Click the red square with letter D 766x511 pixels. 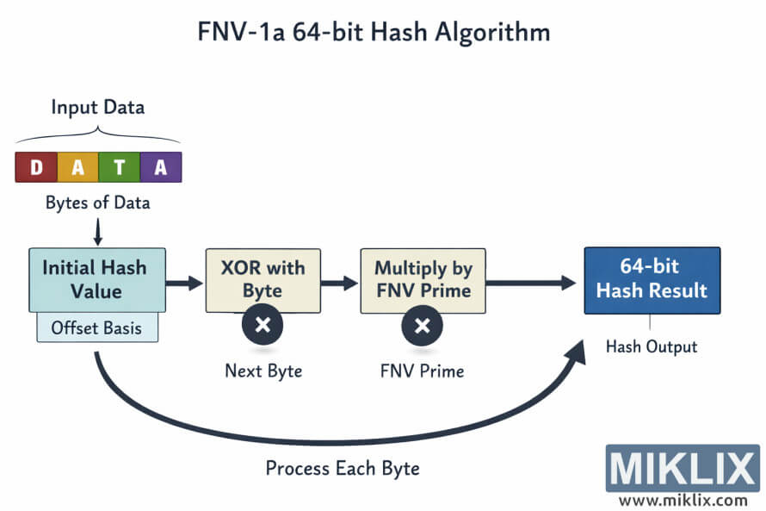(36, 167)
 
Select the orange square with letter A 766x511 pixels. (77, 167)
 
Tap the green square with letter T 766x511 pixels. (119, 167)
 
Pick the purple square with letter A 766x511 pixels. (161, 167)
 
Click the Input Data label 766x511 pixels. (97, 108)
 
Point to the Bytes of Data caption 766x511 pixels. (97, 203)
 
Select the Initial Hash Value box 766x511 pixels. (96, 279)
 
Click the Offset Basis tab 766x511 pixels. (97, 327)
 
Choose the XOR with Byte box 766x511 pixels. (263, 279)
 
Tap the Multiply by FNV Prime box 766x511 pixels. (423, 279)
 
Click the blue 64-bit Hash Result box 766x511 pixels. (652, 279)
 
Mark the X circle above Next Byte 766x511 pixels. (263, 327)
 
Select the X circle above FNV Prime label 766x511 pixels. (423, 327)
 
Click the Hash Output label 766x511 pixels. (652, 347)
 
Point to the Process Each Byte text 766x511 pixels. (343, 469)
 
